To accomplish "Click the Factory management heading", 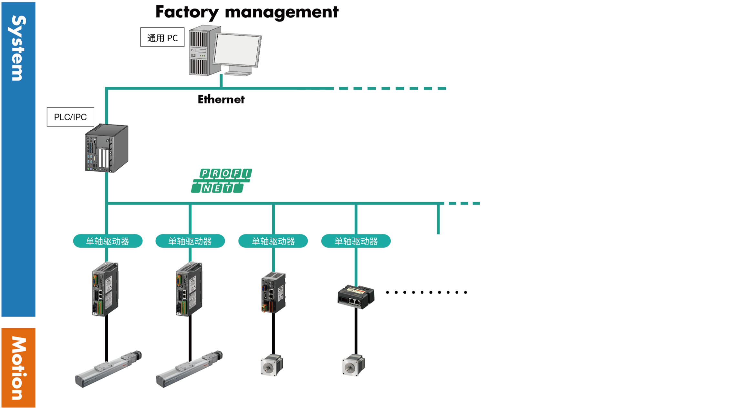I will pyautogui.click(x=247, y=12).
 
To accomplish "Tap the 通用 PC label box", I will pyautogui.click(x=162, y=37).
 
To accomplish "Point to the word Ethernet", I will pyautogui.click(x=221, y=99).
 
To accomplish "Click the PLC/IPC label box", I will pyautogui.click(x=70, y=117).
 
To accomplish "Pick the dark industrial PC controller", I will pyautogui.click(x=107, y=148).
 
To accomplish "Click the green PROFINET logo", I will pyautogui.click(x=222, y=181).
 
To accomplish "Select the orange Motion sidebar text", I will pyautogui.click(x=18, y=368).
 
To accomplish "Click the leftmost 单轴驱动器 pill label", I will pyautogui.click(x=108, y=241).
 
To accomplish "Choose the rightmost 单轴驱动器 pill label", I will pyautogui.click(x=356, y=241).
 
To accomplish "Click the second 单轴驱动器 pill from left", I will pyautogui.click(x=190, y=241).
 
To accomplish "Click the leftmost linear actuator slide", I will pyautogui.click(x=108, y=369).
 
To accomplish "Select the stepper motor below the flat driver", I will pyautogui.click(x=353, y=365).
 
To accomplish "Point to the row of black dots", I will pyautogui.click(x=426, y=292).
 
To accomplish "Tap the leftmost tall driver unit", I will pyautogui.click(x=105, y=289).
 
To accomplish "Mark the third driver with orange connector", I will pyautogui.click(x=273, y=293).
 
